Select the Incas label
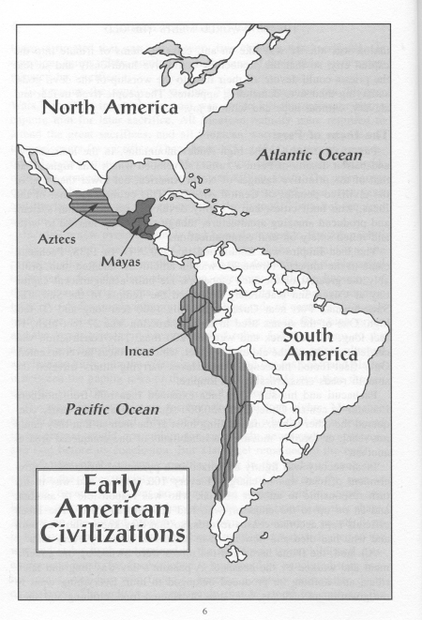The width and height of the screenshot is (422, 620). [140, 354]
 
